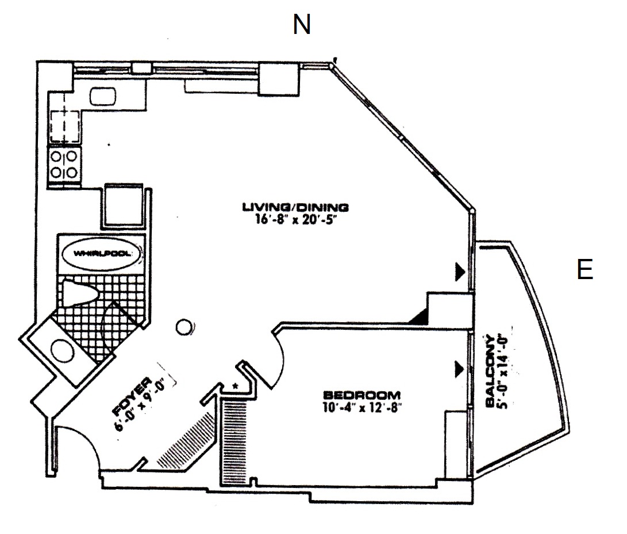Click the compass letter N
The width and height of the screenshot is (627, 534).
[x=302, y=24]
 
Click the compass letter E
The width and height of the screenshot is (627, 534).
[x=584, y=269]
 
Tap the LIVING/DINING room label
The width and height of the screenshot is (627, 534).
[x=295, y=207]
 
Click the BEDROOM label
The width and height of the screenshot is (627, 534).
[x=361, y=395]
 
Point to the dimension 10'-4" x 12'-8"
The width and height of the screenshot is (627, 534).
[x=361, y=407]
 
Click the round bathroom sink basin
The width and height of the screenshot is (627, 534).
[x=63, y=350]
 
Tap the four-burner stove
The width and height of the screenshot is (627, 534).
[x=64, y=164]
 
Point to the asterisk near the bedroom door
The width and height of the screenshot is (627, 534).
[x=236, y=386]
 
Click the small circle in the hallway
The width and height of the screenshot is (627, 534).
[x=184, y=327]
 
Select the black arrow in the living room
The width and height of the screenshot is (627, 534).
[x=460, y=272]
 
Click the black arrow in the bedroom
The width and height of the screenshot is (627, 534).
[x=459, y=369]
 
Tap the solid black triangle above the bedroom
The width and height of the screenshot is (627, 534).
[x=420, y=317]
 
